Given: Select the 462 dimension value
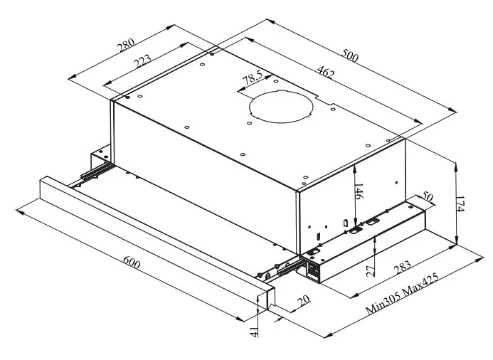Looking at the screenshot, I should click(327, 72).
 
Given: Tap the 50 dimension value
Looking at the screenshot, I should click(427, 197).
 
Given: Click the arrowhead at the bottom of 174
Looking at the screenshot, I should click(455, 241).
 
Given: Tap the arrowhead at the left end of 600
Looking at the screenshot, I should click(18, 209).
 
